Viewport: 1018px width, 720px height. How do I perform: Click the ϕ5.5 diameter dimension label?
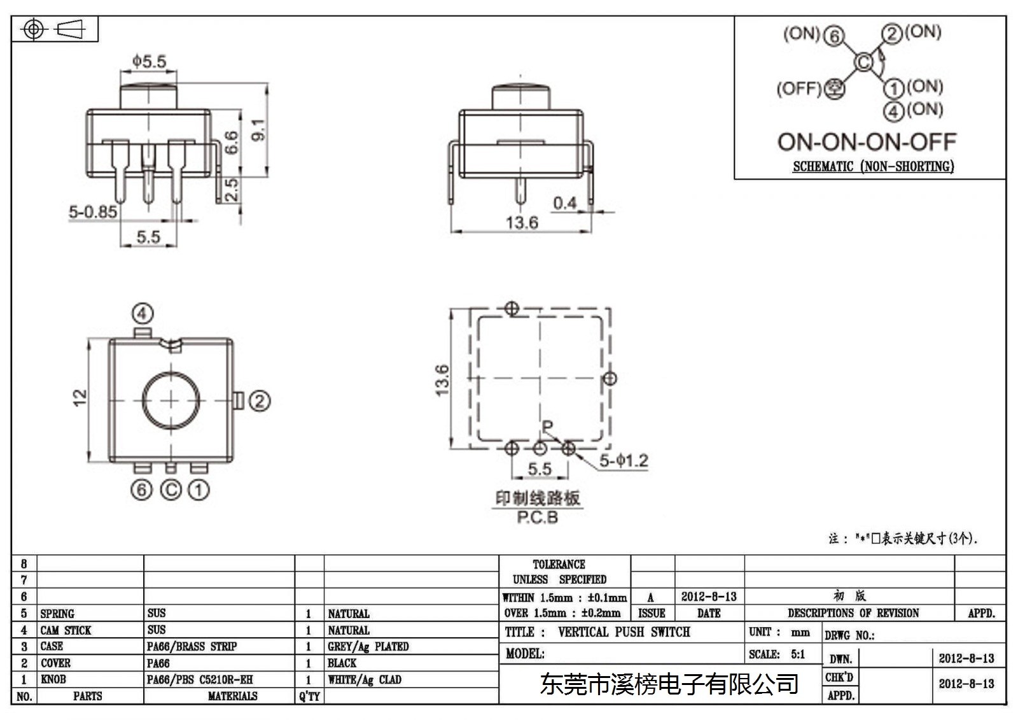point(149,61)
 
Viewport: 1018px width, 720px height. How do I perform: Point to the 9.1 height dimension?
point(258,130)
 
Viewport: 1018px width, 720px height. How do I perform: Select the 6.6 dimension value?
point(231,143)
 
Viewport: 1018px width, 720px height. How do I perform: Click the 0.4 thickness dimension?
point(564,203)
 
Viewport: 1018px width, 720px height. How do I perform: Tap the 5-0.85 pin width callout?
point(93,211)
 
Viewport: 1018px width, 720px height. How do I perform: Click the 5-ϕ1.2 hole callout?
point(624,460)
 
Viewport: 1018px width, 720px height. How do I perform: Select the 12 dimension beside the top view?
point(80,397)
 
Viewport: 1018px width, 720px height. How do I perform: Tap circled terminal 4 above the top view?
point(143,313)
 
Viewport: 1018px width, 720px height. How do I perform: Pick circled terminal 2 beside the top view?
point(260,401)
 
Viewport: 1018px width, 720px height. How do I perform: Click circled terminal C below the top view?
point(171,490)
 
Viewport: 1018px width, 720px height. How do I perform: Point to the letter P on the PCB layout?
point(548,427)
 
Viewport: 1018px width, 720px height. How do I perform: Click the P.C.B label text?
point(537,518)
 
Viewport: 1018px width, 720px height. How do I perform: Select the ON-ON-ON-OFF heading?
point(867,142)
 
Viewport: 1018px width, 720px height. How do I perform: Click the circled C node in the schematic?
point(863,62)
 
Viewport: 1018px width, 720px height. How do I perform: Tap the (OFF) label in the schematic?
point(799,88)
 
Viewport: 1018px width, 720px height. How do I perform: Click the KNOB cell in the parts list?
point(53,679)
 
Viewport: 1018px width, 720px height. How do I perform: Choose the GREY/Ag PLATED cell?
point(368,646)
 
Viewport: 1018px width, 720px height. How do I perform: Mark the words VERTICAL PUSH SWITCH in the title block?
point(624,632)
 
